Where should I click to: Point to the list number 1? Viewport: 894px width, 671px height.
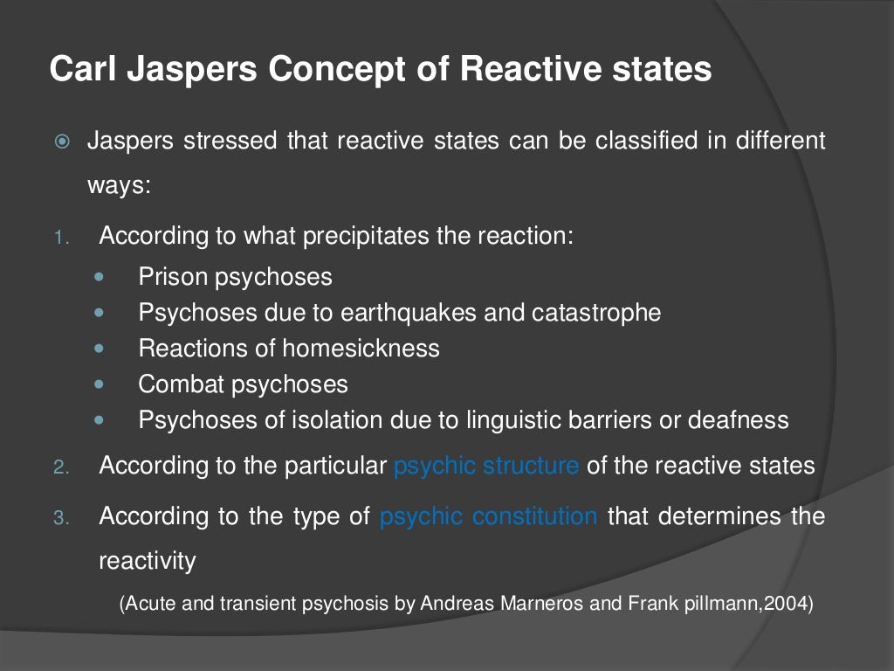click(x=59, y=238)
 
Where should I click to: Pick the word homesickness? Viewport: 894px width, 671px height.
click(x=361, y=348)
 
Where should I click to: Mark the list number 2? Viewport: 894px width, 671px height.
click(x=59, y=467)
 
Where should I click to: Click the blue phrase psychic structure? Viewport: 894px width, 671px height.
click(x=485, y=465)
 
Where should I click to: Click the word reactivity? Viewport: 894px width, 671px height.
click(x=148, y=560)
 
